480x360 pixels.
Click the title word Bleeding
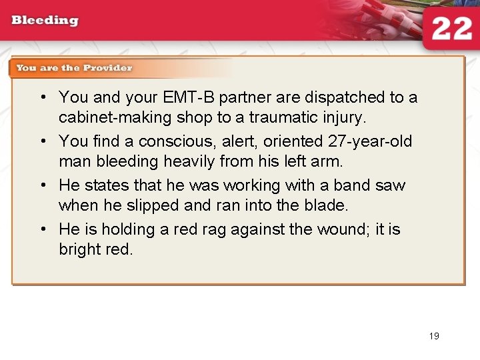tap(45, 20)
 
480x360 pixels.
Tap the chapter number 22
tap(451, 29)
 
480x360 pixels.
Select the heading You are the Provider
tap(74, 68)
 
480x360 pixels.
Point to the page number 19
tap(434, 336)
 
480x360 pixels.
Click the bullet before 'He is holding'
tap(43, 229)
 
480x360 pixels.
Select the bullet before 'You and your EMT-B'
tap(43, 97)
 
